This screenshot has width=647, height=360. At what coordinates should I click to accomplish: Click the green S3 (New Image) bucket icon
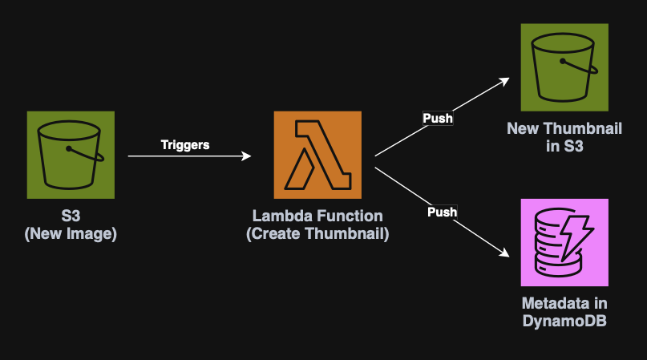coord(71,155)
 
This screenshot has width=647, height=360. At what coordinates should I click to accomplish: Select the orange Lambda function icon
coord(317,155)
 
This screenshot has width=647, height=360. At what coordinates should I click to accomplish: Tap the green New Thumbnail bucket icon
coord(564,67)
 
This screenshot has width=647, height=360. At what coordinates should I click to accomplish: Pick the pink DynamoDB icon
coord(564,242)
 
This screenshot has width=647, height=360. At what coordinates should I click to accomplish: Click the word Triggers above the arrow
coord(185,145)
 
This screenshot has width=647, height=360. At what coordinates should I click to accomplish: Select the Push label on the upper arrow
coord(438,119)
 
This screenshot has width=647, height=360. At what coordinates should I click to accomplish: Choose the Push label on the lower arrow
coord(442,212)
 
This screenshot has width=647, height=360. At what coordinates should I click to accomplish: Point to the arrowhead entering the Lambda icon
coord(247,157)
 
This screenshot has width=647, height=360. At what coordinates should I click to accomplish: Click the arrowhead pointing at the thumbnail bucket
coord(505,80)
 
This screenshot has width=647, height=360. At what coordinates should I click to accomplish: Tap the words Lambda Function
coord(317,216)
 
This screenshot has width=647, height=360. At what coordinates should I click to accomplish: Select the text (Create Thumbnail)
coord(317,233)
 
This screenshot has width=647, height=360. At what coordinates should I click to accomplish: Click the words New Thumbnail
coord(564,129)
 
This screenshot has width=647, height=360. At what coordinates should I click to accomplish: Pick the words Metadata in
coord(564,303)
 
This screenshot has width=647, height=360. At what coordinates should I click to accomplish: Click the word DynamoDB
coord(564,320)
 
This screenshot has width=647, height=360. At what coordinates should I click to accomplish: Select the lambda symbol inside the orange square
coord(317,155)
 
